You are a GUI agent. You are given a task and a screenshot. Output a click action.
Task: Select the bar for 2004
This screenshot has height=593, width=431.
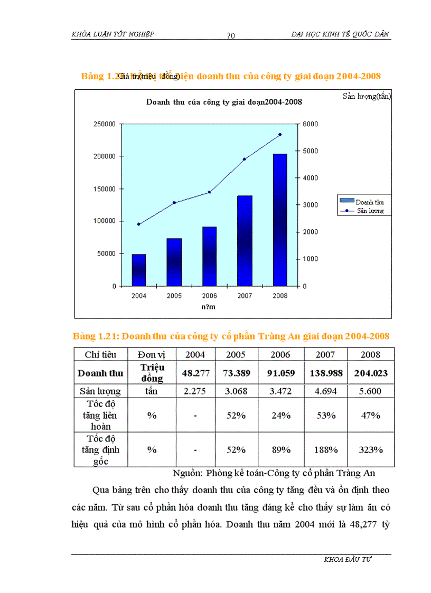(x=139, y=270)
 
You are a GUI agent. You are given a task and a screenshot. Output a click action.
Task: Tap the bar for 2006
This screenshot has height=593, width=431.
(x=209, y=256)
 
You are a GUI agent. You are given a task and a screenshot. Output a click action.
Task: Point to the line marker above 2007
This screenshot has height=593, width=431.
(x=245, y=159)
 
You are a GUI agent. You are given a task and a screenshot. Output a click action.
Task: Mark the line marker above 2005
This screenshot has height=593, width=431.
(x=174, y=203)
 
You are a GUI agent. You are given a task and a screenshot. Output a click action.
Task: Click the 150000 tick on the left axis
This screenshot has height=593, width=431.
(x=105, y=189)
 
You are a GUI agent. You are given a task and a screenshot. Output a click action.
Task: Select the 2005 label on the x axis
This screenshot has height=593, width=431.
(x=174, y=296)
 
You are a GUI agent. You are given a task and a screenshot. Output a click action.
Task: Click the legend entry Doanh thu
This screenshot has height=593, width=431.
(x=369, y=202)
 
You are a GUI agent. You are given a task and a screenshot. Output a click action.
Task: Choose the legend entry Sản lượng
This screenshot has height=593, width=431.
(x=369, y=211)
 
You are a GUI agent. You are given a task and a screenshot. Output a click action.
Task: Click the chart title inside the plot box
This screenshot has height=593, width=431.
(x=224, y=102)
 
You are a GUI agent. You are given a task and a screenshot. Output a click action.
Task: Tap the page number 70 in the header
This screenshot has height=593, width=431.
(x=230, y=35)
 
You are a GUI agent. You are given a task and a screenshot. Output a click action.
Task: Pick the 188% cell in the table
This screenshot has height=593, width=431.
(x=325, y=449)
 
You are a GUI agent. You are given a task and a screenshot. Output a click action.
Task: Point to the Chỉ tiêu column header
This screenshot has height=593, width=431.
(x=100, y=355)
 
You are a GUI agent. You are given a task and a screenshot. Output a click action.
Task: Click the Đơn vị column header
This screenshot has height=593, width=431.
(x=152, y=355)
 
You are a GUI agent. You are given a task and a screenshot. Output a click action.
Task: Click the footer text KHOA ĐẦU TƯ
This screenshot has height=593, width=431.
(x=348, y=560)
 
